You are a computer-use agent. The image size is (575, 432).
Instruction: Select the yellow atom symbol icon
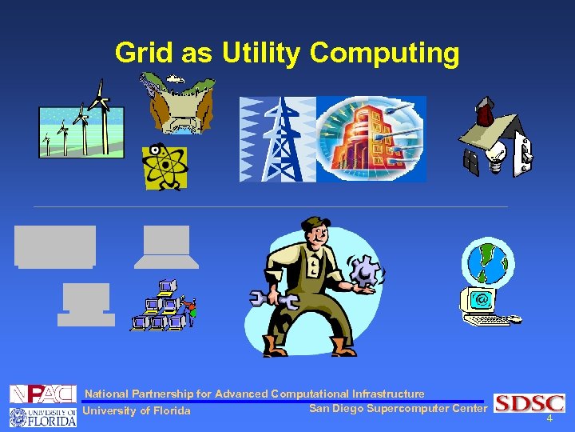(x=165, y=168)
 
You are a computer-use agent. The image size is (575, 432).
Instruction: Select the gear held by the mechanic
(x=366, y=273)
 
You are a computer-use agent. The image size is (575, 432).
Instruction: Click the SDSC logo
(x=529, y=403)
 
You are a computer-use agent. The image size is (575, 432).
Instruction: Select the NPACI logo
(x=42, y=394)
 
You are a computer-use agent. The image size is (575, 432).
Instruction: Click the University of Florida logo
(x=42, y=416)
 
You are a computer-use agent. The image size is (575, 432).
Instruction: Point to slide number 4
(x=549, y=418)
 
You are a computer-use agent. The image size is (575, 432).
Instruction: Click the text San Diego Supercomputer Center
(x=397, y=409)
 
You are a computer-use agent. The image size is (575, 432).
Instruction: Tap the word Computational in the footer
(x=311, y=394)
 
